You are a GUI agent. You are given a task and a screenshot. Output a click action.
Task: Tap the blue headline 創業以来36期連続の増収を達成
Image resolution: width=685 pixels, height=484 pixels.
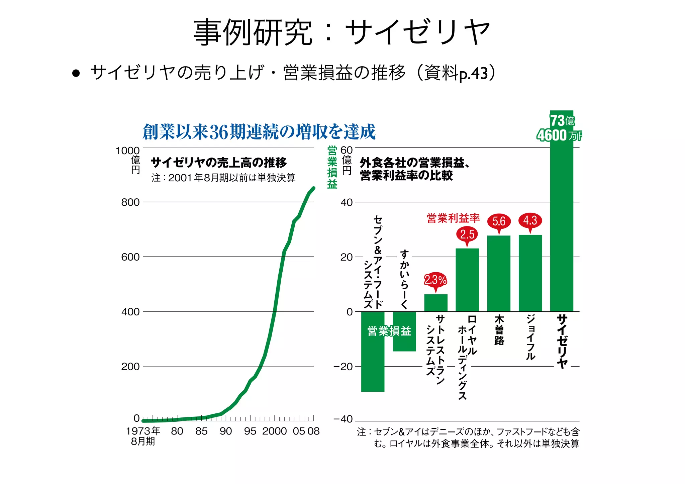(x=259, y=132)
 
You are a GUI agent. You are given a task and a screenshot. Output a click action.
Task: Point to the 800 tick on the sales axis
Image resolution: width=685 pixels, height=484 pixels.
(x=130, y=202)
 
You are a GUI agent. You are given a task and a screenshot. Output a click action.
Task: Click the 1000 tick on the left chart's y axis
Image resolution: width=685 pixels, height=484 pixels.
(x=127, y=151)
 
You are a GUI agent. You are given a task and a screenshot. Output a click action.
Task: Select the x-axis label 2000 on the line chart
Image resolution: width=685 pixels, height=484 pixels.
(x=274, y=431)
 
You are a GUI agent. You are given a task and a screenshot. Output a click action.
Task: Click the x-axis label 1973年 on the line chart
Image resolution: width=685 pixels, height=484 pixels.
(x=143, y=431)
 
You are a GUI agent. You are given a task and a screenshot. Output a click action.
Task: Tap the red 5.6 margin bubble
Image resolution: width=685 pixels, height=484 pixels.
(x=499, y=221)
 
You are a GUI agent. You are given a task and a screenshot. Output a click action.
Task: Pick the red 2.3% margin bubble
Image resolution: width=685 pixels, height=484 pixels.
(x=435, y=280)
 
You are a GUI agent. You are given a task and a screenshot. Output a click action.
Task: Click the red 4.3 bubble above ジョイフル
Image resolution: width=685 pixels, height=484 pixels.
(x=530, y=221)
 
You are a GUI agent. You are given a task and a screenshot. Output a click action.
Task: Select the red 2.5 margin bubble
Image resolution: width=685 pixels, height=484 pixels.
(x=467, y=234)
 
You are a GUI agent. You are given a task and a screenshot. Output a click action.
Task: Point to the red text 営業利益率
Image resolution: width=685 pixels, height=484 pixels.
(x=453, y=218)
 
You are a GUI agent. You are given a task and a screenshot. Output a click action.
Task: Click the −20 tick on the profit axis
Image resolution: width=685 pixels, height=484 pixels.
(x=343, y=367)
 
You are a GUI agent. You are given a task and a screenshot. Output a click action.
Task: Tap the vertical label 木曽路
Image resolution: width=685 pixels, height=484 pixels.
(x=499, y=330)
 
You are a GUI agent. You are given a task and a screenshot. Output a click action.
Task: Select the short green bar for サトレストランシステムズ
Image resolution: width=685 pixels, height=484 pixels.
(x=435, y=303)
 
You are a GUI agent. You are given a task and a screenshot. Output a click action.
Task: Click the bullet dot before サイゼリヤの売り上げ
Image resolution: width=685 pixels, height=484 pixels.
(x=76, y=73)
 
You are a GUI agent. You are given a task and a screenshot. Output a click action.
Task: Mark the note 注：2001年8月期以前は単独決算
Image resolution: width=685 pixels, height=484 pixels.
(x=223, y=178)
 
